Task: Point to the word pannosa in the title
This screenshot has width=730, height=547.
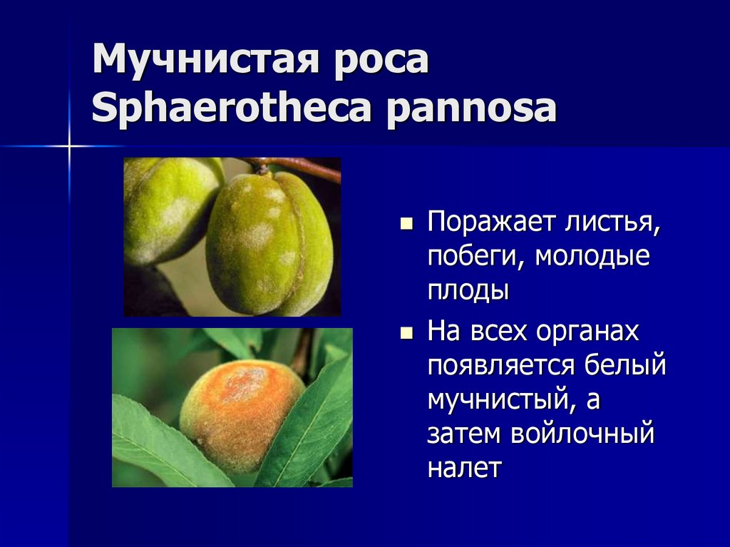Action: pos(471,111)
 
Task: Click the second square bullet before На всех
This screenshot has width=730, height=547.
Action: pos(407,333)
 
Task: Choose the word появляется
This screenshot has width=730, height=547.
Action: pos(500,365)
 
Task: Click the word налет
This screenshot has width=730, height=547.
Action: pos(465,468)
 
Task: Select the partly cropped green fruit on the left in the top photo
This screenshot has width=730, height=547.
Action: pos(168,210)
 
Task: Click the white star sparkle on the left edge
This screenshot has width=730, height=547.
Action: pos(70,145)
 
